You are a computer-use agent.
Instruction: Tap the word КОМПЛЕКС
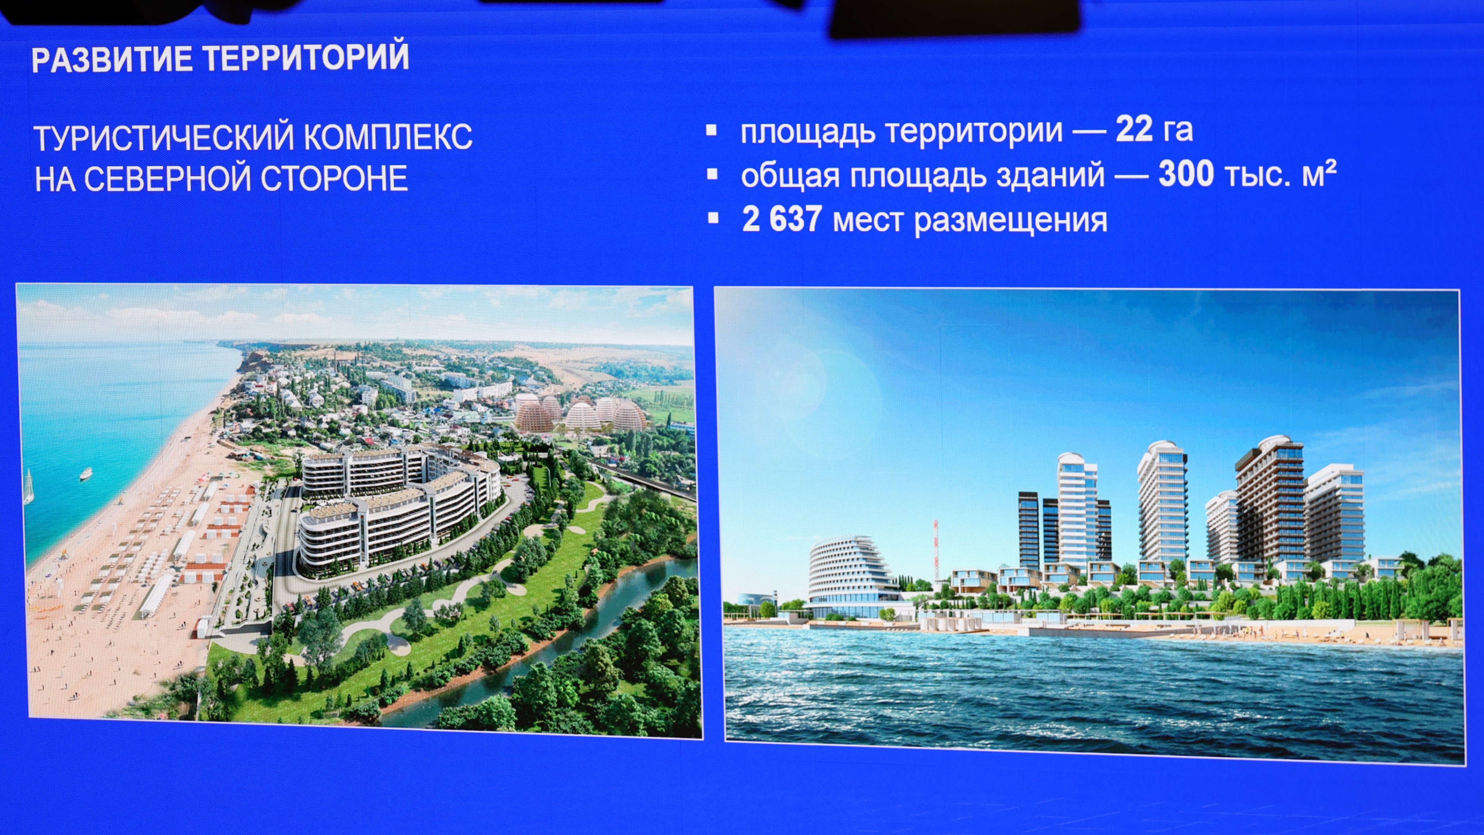(388, 136)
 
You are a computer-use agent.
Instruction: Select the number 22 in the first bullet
(1134, 129)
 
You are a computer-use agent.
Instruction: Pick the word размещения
(1010, 221)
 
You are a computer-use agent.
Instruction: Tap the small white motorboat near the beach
(86, 474)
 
